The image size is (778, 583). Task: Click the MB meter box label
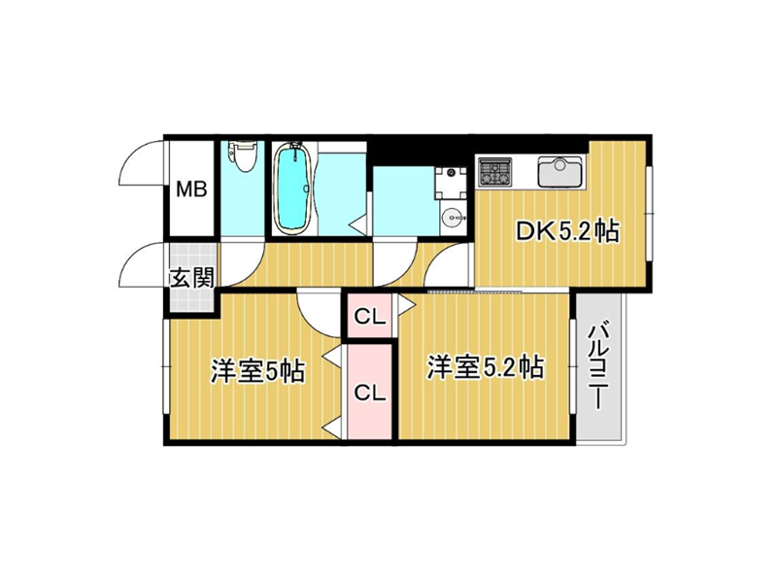pos(192,189)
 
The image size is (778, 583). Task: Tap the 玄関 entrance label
pos(192,278)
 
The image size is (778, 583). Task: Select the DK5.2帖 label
pos(567,230)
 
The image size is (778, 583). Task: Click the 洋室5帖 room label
pos(257,370)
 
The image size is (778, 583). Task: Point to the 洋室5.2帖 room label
pos(486,367)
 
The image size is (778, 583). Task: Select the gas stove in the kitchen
pos(494,172)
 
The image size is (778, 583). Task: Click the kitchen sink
pos(560,172)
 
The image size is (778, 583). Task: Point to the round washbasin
pos(452,217)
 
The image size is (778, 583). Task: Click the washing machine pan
pos(451,183)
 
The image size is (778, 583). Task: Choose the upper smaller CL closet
pos(370,317)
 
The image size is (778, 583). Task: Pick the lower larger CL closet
pos(370,392)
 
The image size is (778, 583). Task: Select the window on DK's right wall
pos(650,214)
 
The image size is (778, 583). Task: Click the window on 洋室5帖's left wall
pos(166,366)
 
